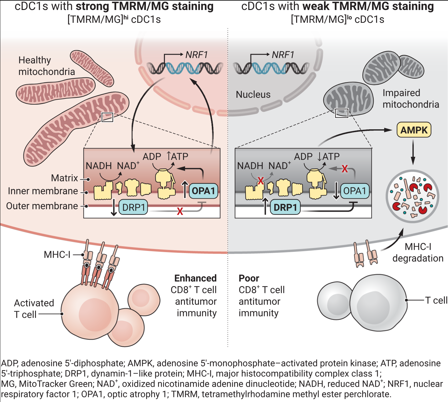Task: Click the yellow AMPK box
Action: pos(414,130)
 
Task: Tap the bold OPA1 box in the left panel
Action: pos(203,191)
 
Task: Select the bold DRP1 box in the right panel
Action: pos(285,207)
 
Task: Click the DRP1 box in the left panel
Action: pos(133,207)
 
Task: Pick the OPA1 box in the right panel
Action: pos(355,191)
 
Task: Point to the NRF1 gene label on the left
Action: pos(197,55)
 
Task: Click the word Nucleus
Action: pos(253,94)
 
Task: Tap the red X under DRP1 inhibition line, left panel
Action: pos(180,212)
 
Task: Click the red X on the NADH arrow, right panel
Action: pos(261,180)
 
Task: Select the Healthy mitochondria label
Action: pos(47,66)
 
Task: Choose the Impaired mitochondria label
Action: pos(411,98)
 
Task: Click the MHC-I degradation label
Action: pos(418,252)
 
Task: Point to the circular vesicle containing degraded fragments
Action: pos(412,196)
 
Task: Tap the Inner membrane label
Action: pos(43,191)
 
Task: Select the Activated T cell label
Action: pos(34,309)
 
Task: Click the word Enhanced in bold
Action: pos(195,278)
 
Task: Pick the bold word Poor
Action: pos(249,278)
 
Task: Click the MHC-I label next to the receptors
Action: pos(57,255)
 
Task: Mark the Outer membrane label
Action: pos(42,206)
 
